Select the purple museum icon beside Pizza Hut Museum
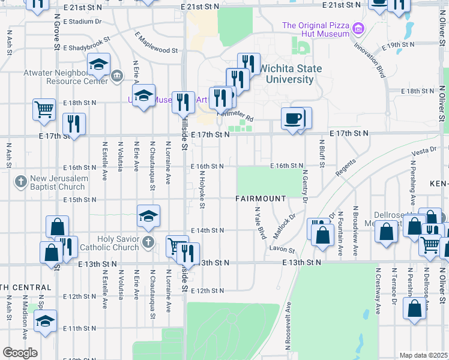tap(358, 28)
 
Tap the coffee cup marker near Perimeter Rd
tap(293, 118)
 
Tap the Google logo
tap(20, 353)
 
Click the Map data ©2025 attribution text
tap(424, 355)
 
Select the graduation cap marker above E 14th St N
tap(148, 216)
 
